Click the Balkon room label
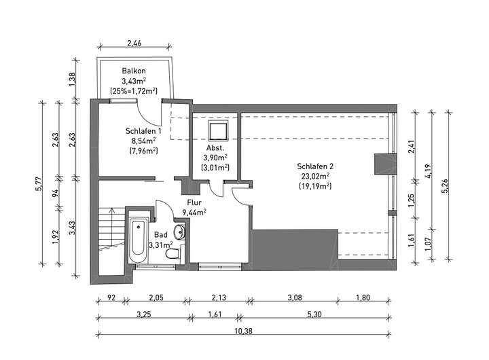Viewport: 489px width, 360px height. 134,71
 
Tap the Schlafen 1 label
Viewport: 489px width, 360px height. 143,130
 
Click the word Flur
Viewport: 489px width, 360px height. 194,202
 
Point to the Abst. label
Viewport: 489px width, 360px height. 215,148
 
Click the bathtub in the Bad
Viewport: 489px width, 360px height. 139,241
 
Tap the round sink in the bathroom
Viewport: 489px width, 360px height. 180,232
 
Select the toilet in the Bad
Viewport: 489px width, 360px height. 173,253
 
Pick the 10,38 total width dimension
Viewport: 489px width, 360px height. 244,331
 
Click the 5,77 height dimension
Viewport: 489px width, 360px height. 38,184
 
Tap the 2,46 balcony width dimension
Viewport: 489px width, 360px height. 134,43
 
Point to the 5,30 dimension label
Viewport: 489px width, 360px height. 314,314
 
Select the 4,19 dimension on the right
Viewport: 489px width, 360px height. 428,171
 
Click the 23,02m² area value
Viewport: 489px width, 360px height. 315,176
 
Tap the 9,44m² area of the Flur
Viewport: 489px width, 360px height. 194,213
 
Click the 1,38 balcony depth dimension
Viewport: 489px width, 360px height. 72,79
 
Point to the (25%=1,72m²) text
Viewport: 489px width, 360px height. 134,91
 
